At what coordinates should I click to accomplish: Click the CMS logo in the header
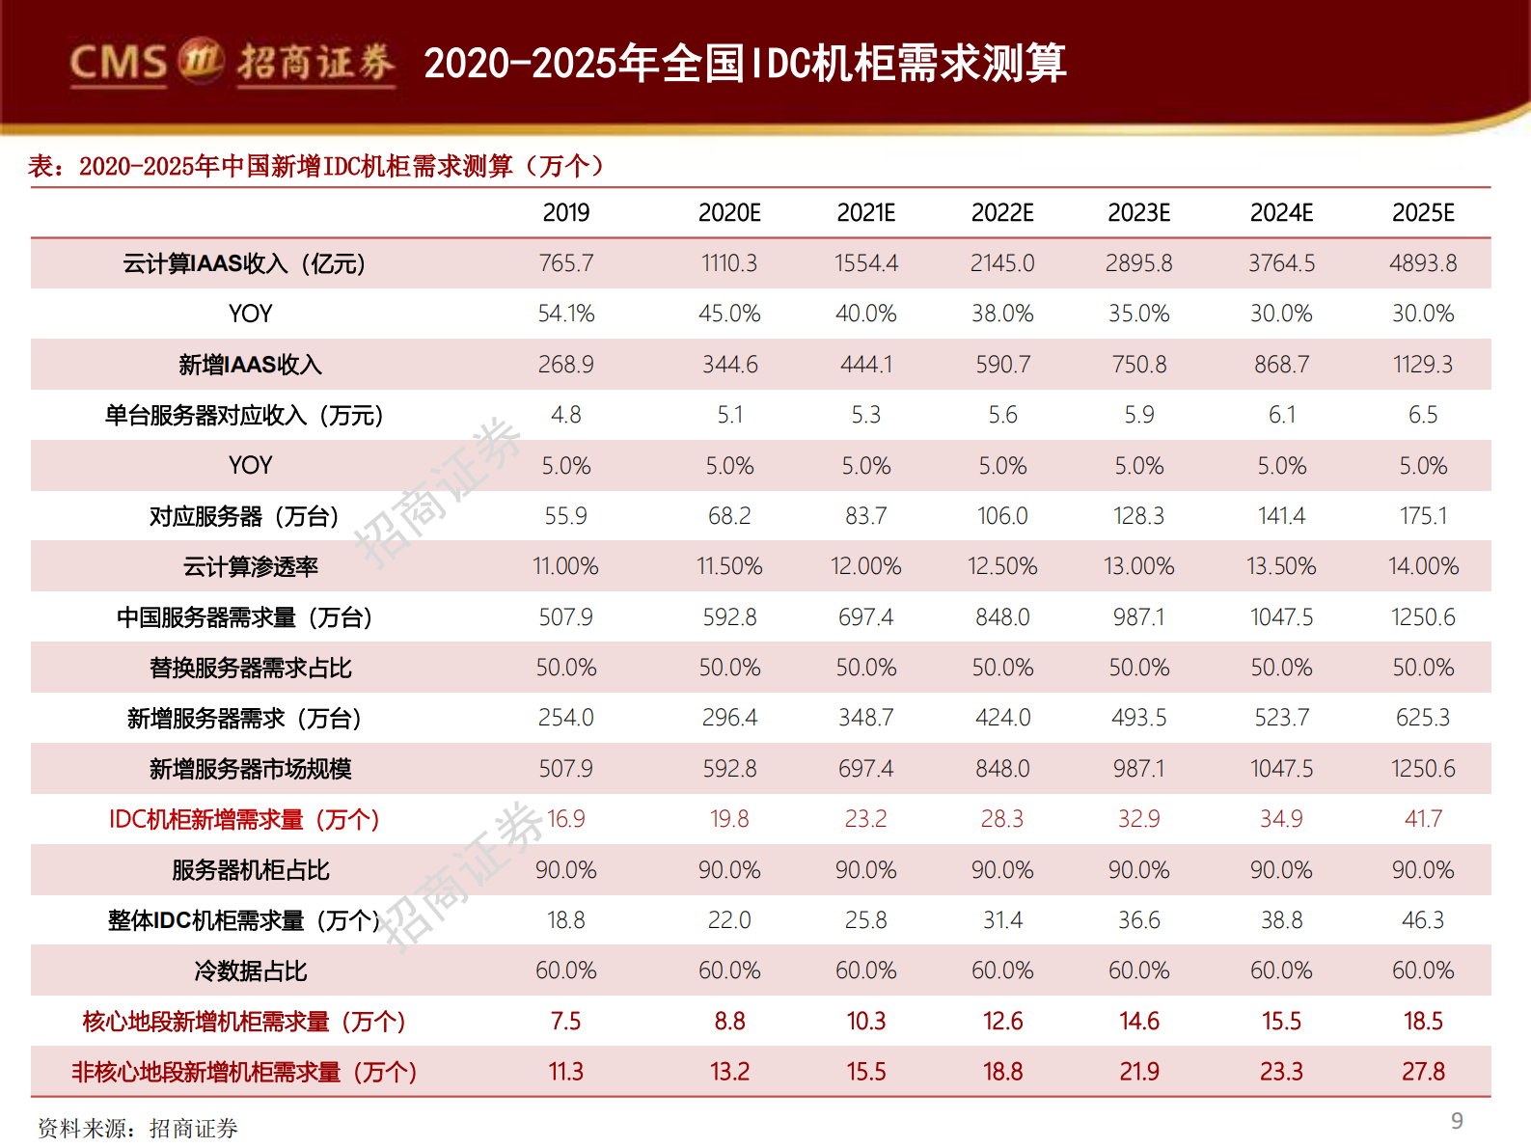[232, 63]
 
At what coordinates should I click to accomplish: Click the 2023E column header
[1138, 212]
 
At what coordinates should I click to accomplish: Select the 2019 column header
[566, 212]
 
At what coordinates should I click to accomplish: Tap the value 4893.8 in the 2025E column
[1423, 263]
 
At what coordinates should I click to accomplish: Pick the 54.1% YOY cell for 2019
[566, 314]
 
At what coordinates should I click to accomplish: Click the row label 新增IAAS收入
[250, 365]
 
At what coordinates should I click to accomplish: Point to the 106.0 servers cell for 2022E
[1002, 516]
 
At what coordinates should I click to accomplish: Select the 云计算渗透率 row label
[250, 566]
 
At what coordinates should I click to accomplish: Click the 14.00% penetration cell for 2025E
[1423, 566]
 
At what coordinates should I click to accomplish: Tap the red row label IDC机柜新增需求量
[244, 819]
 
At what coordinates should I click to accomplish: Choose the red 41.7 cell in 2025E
[1423, 819]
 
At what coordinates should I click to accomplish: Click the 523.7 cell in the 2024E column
[1281, 718]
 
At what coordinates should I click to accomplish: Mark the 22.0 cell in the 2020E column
[729, 920]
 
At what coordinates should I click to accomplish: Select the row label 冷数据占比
[250, 970]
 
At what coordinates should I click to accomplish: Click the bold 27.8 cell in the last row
[1423, 1072]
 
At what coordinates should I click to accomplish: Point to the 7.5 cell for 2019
[566, 1021]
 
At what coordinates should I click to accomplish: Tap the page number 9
[1457, 1121]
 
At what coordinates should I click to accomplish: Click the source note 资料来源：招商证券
[137, 1129]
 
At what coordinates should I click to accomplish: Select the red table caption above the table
[316, 166]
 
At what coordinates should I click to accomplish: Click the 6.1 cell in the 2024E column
[1281, 415]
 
